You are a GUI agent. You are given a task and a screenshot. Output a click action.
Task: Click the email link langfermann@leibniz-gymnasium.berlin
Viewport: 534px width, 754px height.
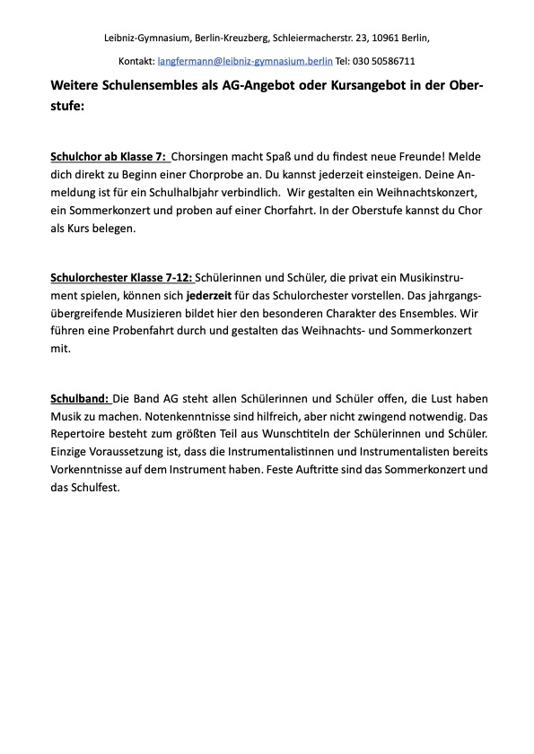point(245,61)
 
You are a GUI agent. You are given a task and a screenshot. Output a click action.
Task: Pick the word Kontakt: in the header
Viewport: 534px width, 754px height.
point(136,61)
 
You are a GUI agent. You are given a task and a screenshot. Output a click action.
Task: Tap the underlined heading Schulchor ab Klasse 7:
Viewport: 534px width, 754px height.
point(109,156)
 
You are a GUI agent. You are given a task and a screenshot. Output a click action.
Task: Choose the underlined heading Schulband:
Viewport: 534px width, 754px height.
point(81,398)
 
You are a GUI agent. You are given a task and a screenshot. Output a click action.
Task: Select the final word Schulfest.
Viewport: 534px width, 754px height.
point(98,488)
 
